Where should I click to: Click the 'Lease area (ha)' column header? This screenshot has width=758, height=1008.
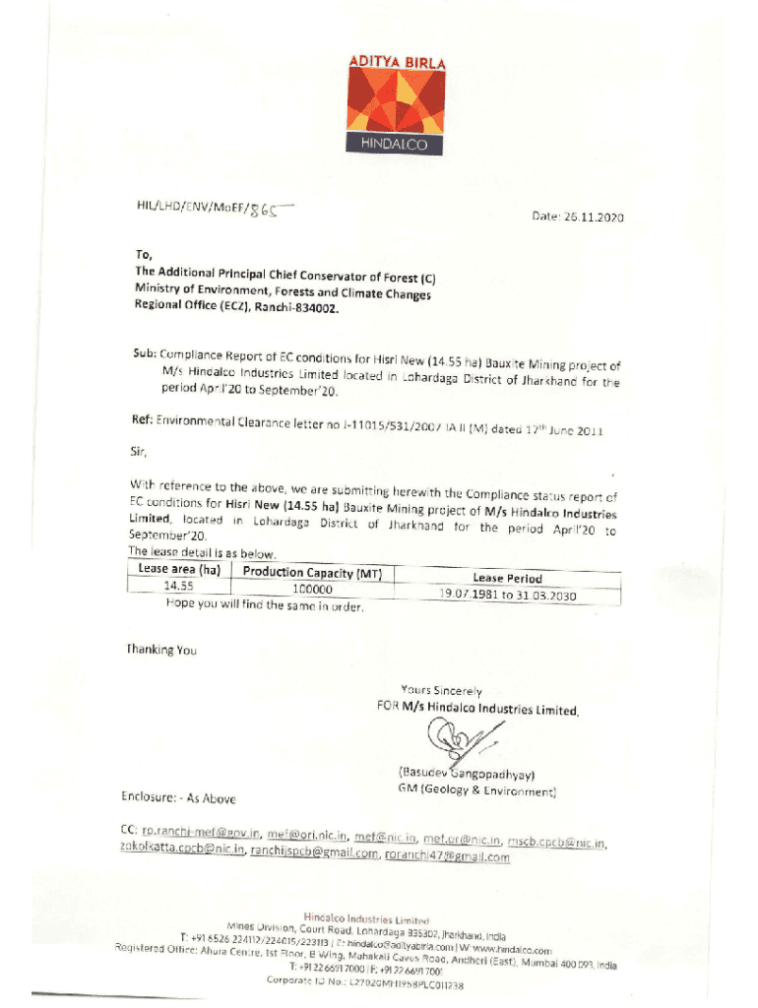(178, 569)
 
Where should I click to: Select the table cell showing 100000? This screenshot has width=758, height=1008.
(313, 590)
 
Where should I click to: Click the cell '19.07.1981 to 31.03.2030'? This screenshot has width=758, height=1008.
(507, 596)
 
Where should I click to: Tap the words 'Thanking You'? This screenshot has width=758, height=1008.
(161, 650)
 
